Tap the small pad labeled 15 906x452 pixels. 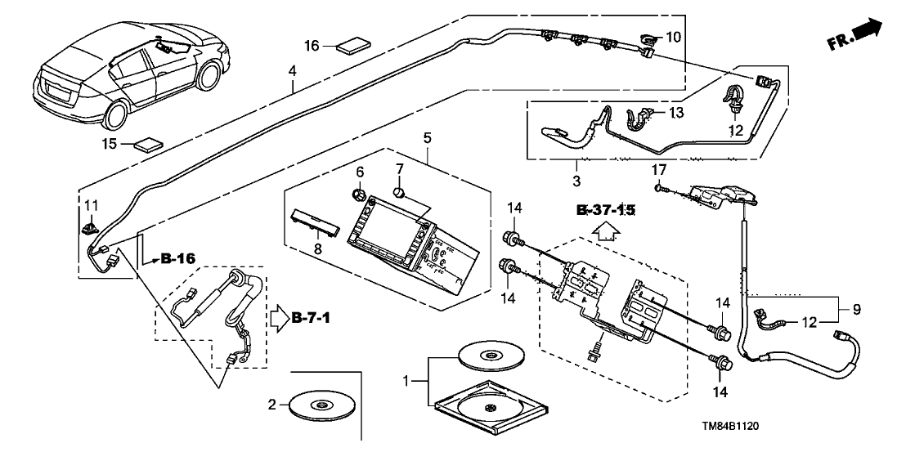click(148, 145)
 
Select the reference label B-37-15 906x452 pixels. click(605, 211)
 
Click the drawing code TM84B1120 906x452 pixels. click(735, 427)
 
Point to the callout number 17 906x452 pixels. click(660, 169)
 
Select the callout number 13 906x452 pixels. click(676, 111)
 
